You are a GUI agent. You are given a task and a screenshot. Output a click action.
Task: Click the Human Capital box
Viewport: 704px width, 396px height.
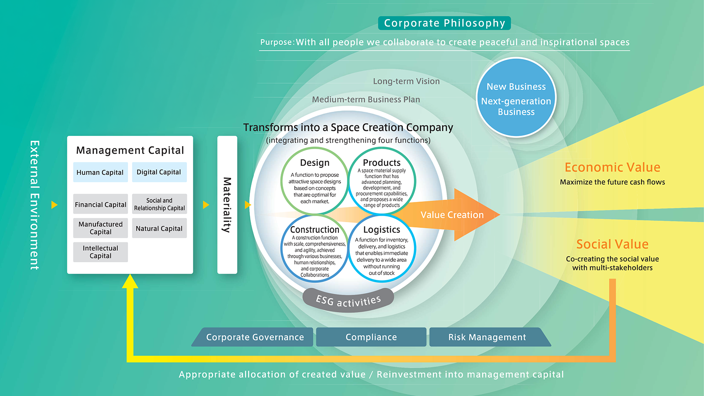[100, 172]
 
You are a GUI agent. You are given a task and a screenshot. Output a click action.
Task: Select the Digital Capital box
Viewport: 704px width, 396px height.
[159, 172]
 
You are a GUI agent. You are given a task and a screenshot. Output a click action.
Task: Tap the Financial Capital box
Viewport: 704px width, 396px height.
[100, 205]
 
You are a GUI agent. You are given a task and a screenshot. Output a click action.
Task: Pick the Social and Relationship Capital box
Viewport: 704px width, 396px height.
[159, 204]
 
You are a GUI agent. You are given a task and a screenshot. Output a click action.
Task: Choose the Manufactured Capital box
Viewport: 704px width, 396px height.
[100, 228]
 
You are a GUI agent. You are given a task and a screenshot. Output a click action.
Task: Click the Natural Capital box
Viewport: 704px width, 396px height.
[159, 228]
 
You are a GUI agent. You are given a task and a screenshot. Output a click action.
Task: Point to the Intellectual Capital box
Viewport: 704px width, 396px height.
[100, 252]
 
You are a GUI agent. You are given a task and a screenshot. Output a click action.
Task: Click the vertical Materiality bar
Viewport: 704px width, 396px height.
[227, 205]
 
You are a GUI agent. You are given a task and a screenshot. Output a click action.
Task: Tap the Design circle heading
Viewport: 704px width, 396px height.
[315, 163]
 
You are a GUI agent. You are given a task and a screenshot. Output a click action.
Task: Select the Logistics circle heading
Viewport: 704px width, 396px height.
[381, 230]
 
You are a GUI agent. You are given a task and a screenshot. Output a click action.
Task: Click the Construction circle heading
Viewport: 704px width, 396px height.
[315, 230]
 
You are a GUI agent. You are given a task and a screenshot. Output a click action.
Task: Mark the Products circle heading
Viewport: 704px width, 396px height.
[381, 163]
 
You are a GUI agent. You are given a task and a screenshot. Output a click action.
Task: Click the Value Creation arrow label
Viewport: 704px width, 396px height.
[452, 215]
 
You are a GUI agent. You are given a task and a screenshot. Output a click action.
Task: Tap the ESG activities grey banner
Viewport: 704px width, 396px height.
[348, 301]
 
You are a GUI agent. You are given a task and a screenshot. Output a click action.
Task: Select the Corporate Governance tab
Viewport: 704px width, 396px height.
[255, 337]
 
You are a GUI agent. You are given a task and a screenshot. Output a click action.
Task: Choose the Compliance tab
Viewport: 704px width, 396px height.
[371, 337]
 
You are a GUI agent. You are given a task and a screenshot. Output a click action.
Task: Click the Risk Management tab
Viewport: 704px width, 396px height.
[487, 337]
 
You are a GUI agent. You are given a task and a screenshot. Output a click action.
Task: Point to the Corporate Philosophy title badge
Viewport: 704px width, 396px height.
[444, 23]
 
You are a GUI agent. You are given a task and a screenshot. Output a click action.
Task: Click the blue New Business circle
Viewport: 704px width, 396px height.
[516, 98]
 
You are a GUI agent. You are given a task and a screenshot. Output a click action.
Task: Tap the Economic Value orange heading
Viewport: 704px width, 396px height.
[612, 167]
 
